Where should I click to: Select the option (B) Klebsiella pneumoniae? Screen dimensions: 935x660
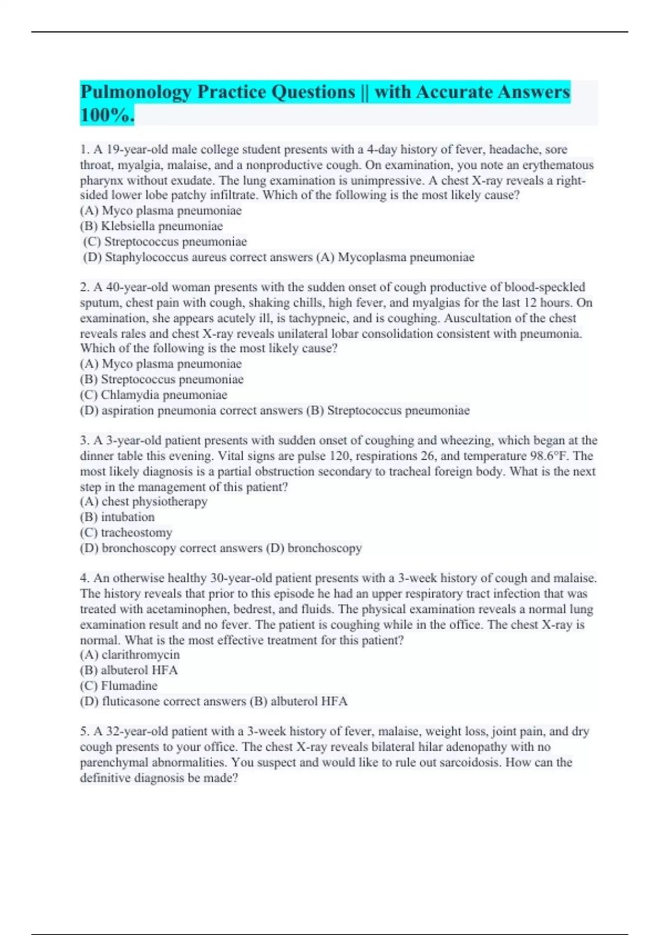point(151,226)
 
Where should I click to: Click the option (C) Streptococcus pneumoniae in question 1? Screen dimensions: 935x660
point(165,241)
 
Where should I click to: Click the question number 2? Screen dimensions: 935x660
point(84,287)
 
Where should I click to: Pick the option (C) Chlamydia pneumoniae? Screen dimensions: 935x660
point(153,395)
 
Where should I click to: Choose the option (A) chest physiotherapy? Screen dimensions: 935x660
point(144,502)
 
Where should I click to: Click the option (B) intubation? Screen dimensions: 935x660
point(117,517)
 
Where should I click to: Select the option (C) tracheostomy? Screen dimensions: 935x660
point(126,532)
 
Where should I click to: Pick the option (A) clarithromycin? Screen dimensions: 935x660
point(130,654)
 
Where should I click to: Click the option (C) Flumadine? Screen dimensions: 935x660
point(119,686)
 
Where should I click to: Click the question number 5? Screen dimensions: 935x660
point(84,732)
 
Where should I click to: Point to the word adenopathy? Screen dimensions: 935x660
point(480,747)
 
